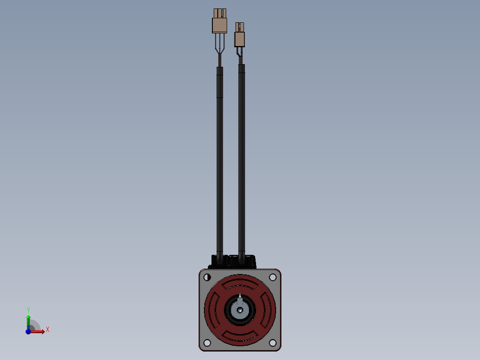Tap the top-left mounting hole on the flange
pyautogui.click(x=207, y=277)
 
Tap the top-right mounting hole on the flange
pyautogui.click(x=273, y=277)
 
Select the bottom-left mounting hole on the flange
pyautogui.click(x=207, y=343)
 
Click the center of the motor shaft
pyautogui.click(x=240, y=310)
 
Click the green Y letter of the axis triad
pyautogui.click(x=28, y=310)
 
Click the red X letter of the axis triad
pyautogui.click(x=47, y=330)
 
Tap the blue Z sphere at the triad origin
pyautogui.click(x=28, y=331)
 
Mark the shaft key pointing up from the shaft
pyautogui.click(x=240, y=296)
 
